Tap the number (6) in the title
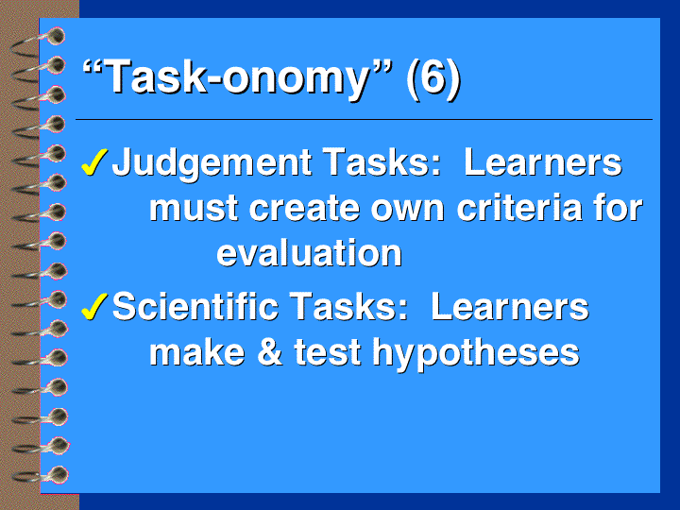click(433, 78)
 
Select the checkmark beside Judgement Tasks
click(94, 162)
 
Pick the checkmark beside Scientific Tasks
click(94, 307)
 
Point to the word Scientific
click(195, 306)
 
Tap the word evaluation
click(309, 253)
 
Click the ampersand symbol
click(270, 351)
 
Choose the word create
click(304, 209)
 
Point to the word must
click(194, 209)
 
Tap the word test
click(328, 352)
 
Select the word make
click(197, 351)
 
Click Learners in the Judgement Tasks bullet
click(543, 162)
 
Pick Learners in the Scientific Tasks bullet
click(510, 306)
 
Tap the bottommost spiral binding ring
click(41, 475)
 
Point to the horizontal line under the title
click(364, 119)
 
